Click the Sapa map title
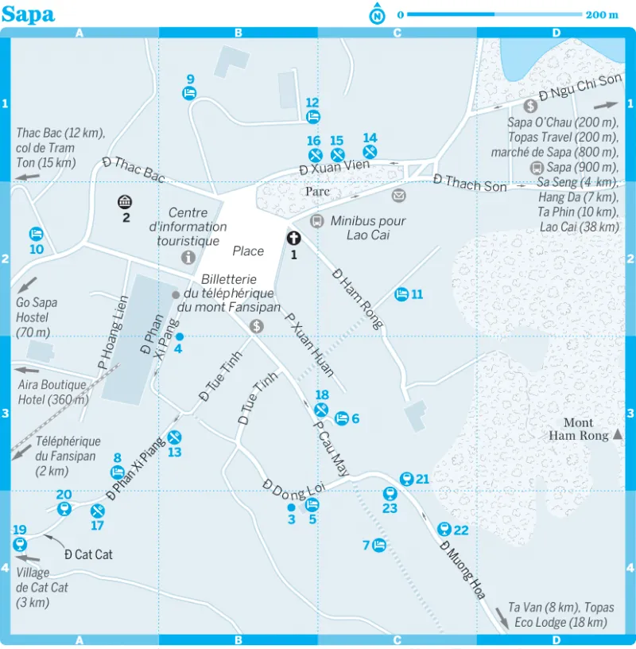point(28,14)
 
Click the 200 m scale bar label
point(602,14)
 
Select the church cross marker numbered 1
point(293,237)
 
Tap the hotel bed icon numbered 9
point(190,93)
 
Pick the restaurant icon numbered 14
point(370,151)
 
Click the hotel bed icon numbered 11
point(402,294)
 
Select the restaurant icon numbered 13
point(175,436)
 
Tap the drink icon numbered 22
point(444,529)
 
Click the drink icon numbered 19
point(20,544)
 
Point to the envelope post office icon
point(398,195)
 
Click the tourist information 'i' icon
point(188,257)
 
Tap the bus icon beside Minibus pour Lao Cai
point(316,221)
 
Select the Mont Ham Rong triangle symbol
point(617,434)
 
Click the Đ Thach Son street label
point(470,183)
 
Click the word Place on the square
point(248,251)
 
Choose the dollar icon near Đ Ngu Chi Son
point(530,105)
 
